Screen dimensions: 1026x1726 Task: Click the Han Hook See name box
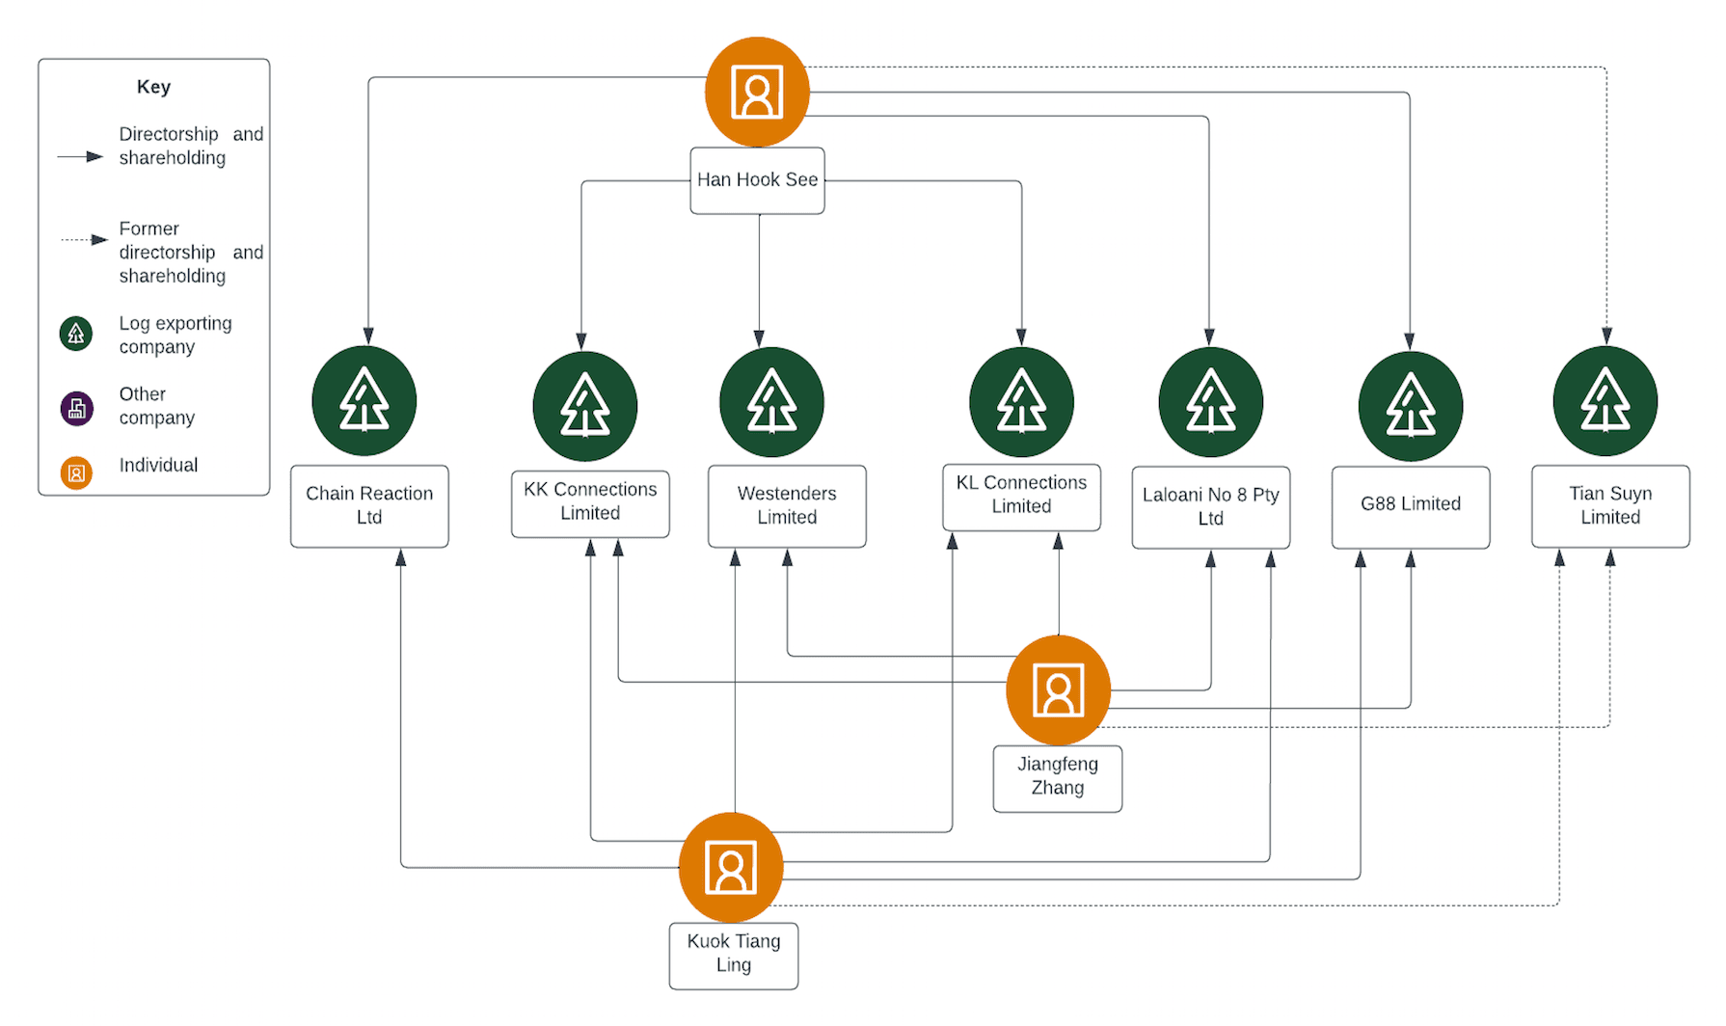tap(757, 180)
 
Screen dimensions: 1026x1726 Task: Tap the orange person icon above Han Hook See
tap(757, 93)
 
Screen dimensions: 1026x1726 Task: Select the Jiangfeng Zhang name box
tap(1057, 777)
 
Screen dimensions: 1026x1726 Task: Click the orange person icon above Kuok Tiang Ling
tap(731, 868)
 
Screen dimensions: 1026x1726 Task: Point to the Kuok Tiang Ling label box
tap(733, 955)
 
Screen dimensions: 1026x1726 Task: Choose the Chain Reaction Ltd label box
tap(369, 506)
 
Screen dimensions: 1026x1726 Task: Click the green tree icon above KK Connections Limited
tap(584, 406)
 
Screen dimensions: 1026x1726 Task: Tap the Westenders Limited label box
tap(787, 506)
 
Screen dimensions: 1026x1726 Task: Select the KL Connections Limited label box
tap(1021, 496)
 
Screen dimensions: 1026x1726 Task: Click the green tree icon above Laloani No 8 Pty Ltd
tap(1210, 402)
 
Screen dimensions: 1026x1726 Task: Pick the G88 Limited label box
tap(1410, 505)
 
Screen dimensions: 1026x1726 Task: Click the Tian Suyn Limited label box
tap(1609, 506)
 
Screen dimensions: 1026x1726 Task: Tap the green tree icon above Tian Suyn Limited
tap(1605, 401)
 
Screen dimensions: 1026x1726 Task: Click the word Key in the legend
tap(153, 87)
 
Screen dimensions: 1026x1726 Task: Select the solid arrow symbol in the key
tap(80, 156)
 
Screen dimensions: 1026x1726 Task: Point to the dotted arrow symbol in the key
tap(84, 239)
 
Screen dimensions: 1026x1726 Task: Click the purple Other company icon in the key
tap(77, 409)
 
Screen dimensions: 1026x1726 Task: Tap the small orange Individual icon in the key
tap(77, 473)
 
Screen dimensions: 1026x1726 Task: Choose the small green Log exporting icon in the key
tap(76, 334)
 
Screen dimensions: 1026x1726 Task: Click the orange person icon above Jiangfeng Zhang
tap(1058, 690)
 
